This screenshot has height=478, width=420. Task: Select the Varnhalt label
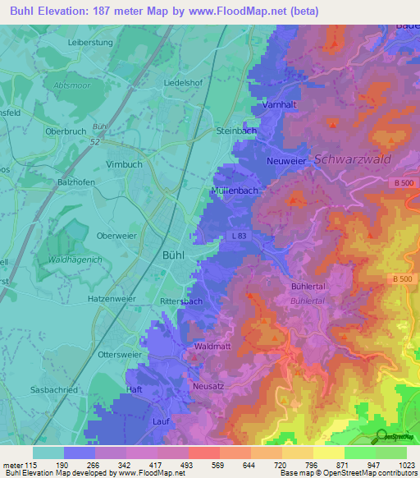click(279, 105)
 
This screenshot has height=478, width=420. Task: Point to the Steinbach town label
click(236, 131)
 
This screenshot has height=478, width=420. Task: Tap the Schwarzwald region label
click(353, 159)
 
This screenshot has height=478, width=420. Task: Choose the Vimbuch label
click(125, 163)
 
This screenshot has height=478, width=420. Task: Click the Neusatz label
click(208, 386)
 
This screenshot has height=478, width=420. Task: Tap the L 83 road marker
click(239, 237)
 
